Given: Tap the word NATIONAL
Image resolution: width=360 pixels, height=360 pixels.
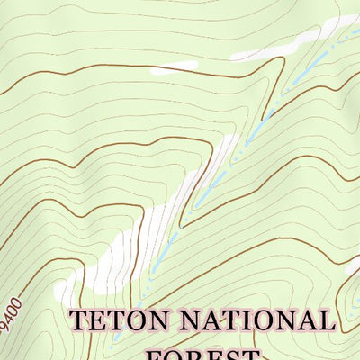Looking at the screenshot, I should coord(260,320).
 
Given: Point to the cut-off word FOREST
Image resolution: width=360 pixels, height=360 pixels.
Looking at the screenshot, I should coord(203,353).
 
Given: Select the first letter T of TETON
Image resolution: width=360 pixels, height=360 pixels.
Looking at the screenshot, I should coord(81,320).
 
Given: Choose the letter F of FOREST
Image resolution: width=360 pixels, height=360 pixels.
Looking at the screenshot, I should coord(154,354).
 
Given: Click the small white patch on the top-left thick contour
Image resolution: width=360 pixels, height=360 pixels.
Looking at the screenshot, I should coord(175,66).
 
